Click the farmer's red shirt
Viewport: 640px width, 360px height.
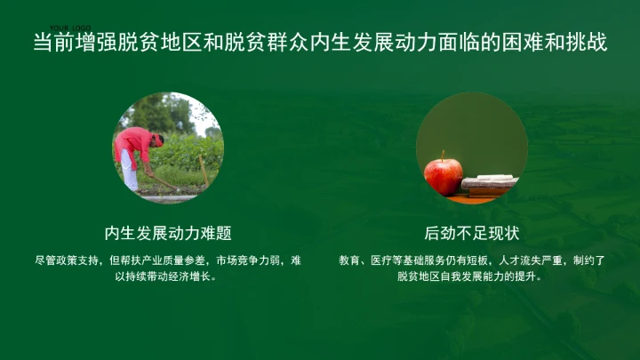(133, 142)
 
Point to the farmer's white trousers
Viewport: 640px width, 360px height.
(130, 170)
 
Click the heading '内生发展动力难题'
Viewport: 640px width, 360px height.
(168, 233)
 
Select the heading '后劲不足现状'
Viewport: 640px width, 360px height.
(472, 233)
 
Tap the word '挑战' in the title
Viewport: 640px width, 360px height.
(587, 43)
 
